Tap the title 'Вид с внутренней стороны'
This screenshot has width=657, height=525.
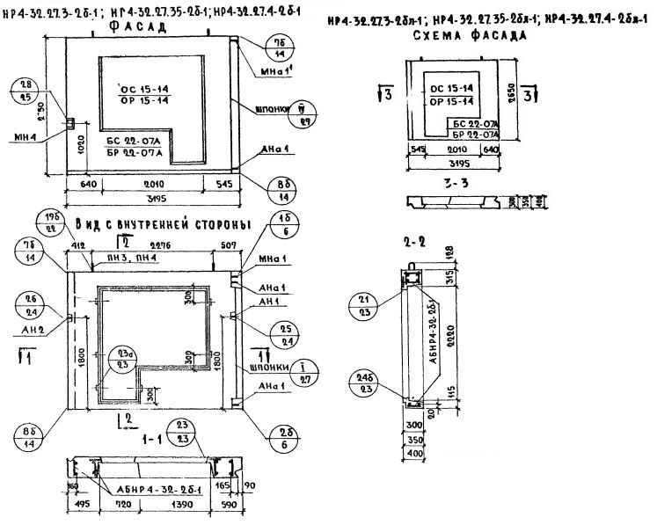(x=163, y=223)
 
